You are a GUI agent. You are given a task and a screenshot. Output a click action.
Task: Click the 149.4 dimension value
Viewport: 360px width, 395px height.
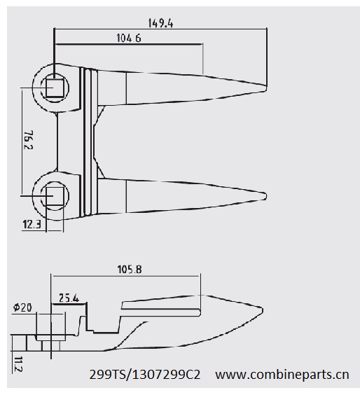click(160, 22)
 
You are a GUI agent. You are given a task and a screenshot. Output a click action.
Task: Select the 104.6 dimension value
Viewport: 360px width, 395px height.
click(128, 39)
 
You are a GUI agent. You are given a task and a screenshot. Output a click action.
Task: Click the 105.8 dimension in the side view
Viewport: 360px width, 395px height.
click(126, 269)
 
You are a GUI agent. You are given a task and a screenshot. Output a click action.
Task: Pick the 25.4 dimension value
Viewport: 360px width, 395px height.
click(69, 298)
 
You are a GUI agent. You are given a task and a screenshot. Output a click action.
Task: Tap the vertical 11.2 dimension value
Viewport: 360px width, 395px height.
click(18, 364)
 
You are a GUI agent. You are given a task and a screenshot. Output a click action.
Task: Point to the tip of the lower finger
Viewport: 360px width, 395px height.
click(265, 193)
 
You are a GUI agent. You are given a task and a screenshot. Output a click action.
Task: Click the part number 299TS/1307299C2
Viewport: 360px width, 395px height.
click(145, 375)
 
